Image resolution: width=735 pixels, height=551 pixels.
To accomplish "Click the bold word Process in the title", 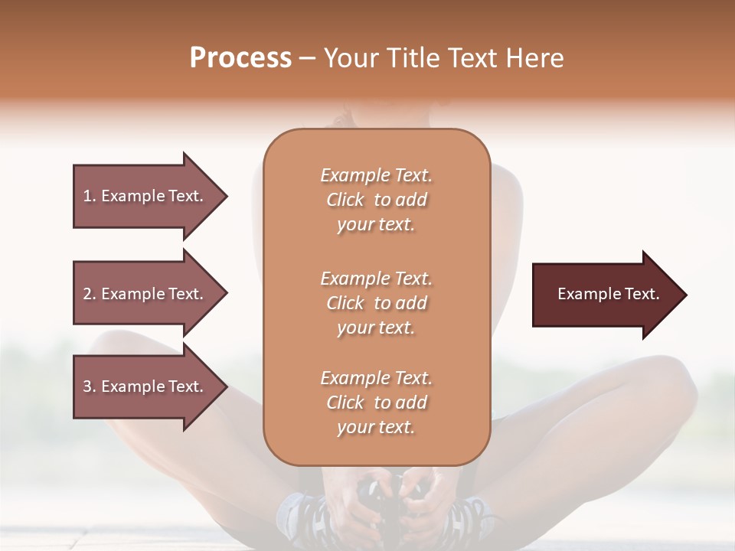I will coord(240,58).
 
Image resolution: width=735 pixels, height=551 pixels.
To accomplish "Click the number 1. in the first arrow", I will coord(90,196).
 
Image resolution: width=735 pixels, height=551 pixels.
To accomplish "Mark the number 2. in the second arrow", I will coord(90,294).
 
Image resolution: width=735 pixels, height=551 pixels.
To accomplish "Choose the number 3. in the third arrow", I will coord(90,386).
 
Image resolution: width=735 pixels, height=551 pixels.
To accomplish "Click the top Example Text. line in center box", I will coord(376,175).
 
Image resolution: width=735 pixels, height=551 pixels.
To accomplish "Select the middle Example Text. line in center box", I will coord(376,279).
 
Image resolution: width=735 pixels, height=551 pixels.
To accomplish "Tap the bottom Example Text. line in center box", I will coord(376,378).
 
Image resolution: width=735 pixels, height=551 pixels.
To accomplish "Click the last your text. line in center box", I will coord(376,428).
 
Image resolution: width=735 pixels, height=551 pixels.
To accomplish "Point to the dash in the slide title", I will coord(308,59).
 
